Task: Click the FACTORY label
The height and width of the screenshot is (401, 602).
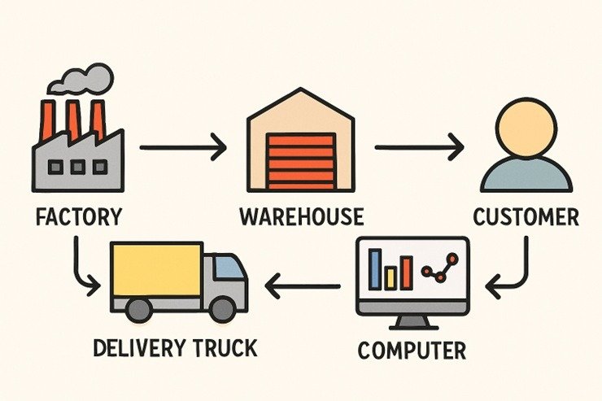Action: (80, 217)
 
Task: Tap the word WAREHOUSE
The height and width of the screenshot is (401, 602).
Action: (301, 217)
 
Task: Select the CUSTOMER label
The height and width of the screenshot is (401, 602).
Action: (526, 217)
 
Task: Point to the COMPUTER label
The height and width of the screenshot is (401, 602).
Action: (412, 351)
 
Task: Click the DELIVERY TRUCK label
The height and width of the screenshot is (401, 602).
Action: (174, 348)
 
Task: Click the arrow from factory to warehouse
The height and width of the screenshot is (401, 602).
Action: (183, 148)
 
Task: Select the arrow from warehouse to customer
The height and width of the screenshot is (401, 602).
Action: (419, 148)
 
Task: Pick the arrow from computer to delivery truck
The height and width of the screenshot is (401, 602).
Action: (303, 285)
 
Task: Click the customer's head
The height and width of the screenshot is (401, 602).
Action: (526, 129)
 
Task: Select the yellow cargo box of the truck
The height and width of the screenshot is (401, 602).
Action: (156, 268)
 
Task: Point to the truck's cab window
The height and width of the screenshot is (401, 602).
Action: (231, 268)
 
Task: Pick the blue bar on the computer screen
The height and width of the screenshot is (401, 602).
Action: (375, 269)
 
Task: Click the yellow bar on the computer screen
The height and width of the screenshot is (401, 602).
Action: (390, 278)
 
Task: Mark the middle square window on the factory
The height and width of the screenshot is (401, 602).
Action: (78, 168)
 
